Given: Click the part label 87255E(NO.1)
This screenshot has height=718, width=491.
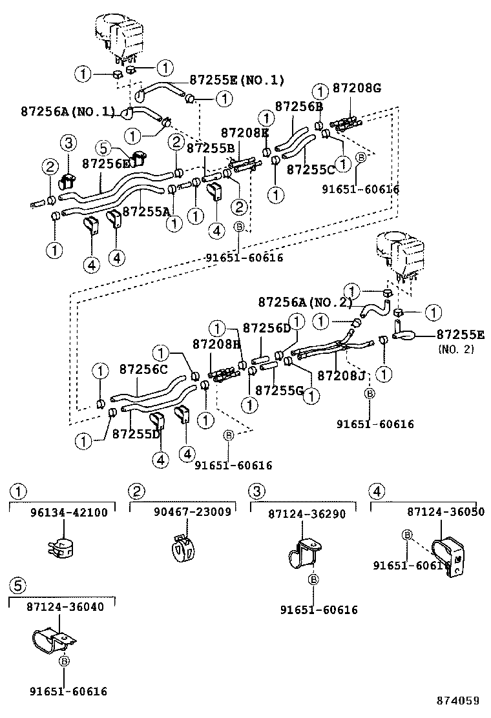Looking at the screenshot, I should tap(236, 80).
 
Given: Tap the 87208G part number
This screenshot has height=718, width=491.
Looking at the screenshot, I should tap(358, 88).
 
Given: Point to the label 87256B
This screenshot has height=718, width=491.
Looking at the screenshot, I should tap(298, 107).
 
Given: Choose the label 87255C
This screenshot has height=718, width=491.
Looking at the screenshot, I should tap(311, 169).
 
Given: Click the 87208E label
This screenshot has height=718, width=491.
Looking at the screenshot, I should tap(245, 132).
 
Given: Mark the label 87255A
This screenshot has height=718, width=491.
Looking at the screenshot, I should tap(147, 211).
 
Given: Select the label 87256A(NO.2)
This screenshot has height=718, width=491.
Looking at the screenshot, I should tap(305, 302).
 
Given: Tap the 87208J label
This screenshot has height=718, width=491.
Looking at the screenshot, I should tap(342, 374).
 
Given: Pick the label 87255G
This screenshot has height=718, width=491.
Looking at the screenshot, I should tap(279, 390).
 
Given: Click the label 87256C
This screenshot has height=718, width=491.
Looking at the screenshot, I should tap(143, 369).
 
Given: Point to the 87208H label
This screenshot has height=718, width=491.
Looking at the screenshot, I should tap(216, 344).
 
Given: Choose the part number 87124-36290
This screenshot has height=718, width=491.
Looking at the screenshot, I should tap(307, 514).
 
